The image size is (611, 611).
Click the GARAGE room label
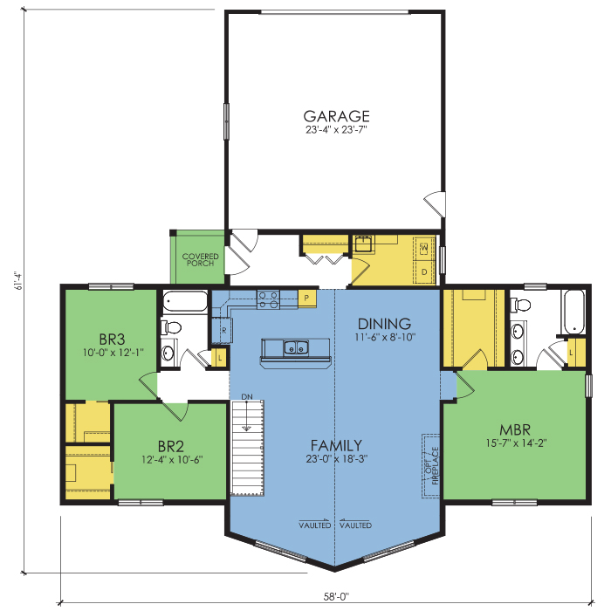[x=336, y=116]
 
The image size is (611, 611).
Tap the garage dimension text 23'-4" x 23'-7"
[x=336, y=130]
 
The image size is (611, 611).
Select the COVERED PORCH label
[x=200, y=259]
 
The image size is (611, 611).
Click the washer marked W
[x=424, y=248]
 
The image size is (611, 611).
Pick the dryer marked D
[x=424, y=271]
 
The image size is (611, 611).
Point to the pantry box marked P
[x=307, y=299]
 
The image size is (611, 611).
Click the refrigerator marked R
[x=222, y=331]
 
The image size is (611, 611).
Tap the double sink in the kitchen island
[x=296, y=347]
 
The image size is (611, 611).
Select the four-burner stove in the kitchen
[x=268, y=299]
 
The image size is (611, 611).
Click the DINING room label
[x=384, y=324]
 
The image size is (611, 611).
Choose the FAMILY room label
[x=336, y=445]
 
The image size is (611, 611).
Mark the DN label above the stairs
[x=247, y=396]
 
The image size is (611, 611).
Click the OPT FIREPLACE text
[x=432, y=465]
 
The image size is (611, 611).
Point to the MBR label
[x=515, y=429]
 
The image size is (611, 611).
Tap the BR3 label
[x=113, y=340]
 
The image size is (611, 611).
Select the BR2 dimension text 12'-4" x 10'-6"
[x=172, y=460]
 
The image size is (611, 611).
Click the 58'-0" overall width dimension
[x=336, y=596]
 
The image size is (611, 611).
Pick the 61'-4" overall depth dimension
[x=18, y=280]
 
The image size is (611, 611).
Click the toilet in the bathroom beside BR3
[x=171, y=327]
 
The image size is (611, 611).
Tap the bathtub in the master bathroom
[x=573, y=312]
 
